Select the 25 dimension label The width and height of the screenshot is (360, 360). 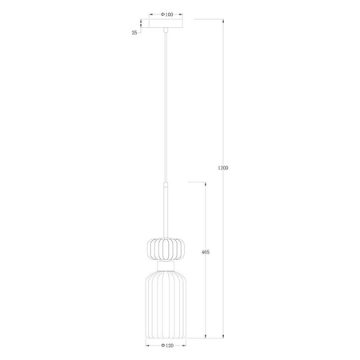[134, 32]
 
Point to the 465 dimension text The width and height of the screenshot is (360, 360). [205, 252]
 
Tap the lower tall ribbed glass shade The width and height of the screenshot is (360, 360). [165, 303]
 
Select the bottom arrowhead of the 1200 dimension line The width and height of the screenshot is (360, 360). [222, 336]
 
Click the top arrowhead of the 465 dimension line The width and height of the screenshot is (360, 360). [205, 182]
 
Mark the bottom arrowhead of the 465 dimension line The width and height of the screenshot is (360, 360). [205, 336]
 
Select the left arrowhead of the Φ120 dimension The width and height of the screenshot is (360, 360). [146, 346]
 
